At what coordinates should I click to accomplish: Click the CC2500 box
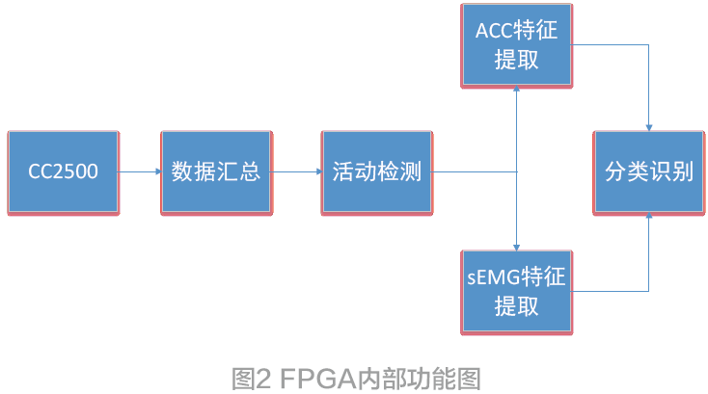(x=64, y=172)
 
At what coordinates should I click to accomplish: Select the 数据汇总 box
(x=216, y=172)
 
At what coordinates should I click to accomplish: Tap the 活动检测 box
(x=377, y=172)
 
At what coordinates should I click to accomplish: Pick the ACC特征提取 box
(x=516, y=44)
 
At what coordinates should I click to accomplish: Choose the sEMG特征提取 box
(x=516, y=291)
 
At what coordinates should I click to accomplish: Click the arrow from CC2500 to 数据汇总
(x=141, y=172)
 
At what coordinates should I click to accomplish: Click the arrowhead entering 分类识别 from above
(x=649, y=127)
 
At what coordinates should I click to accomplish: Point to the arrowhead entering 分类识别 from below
(x=649, y=218)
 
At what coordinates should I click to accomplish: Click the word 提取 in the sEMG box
(x=516, y=307)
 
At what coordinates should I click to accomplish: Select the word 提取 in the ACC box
(x=516, y=60)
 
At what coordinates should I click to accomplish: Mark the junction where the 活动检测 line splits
(x=517, y=172)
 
